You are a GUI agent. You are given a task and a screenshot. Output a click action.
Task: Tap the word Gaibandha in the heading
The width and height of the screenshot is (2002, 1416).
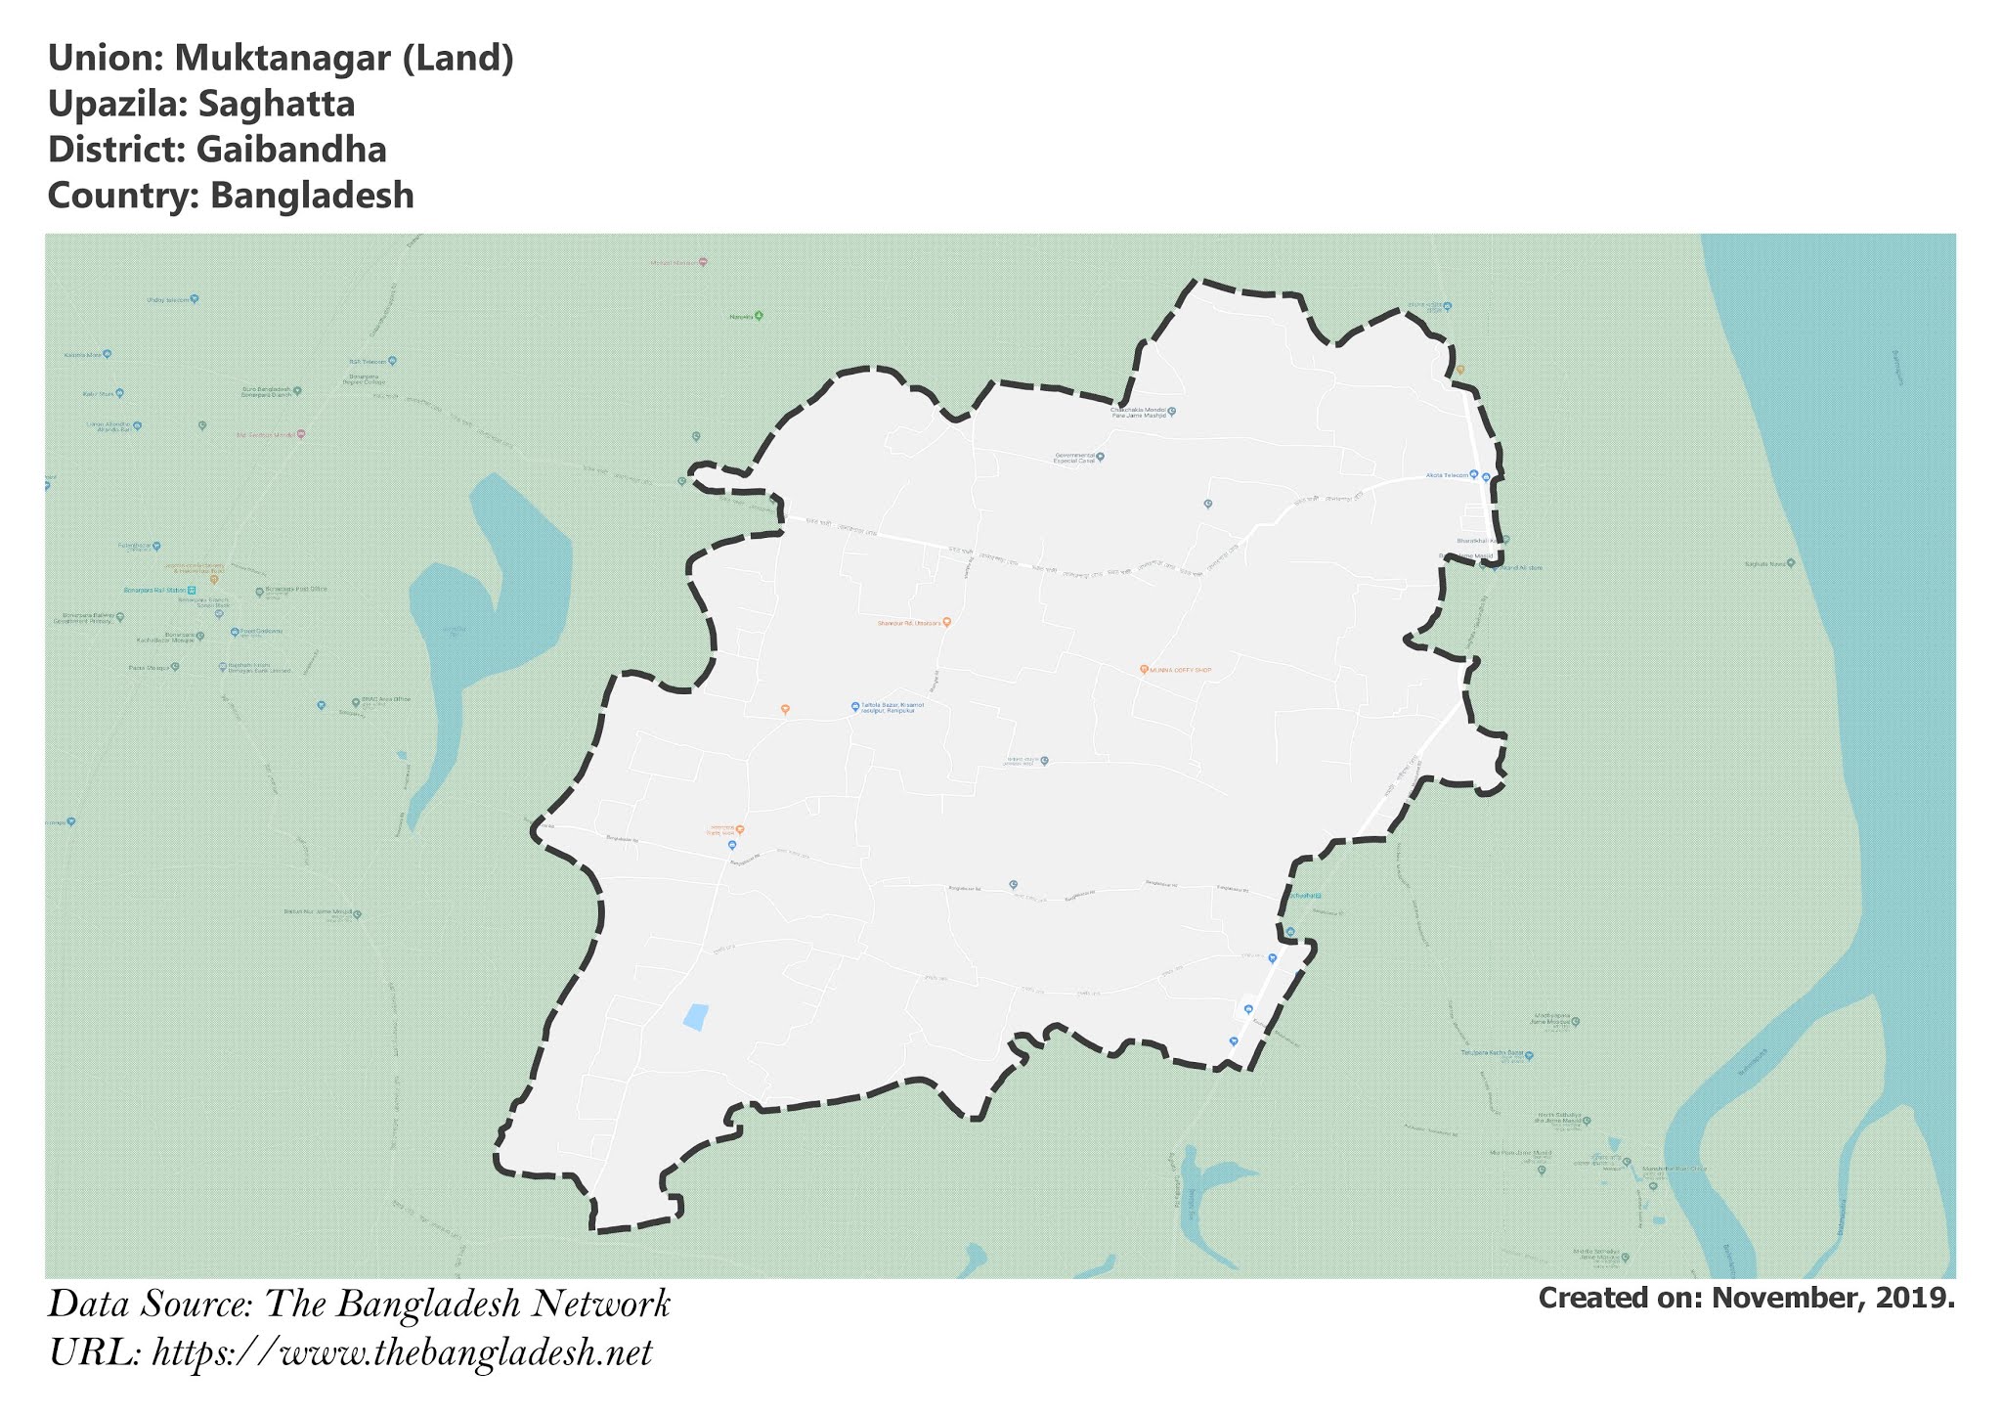pos(290,150)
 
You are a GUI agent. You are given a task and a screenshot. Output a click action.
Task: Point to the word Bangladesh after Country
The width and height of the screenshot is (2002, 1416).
pos(312,196)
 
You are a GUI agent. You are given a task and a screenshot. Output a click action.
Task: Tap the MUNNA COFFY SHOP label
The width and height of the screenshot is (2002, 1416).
pos(1180,670)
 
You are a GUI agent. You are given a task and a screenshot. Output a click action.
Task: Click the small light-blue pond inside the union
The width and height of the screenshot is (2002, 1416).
pos(694,1017)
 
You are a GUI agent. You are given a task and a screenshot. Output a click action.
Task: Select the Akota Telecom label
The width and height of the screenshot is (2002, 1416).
pos(1448,474)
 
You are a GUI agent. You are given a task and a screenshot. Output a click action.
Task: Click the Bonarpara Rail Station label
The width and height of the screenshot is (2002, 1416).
pos(154,591)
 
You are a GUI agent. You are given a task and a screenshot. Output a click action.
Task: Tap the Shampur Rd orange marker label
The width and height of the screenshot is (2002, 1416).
pos(909,622)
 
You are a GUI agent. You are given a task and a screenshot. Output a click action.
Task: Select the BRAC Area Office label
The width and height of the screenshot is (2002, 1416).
pos(387,700)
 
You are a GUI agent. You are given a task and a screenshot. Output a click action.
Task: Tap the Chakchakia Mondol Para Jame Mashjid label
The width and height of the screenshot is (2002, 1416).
pos(1140,413)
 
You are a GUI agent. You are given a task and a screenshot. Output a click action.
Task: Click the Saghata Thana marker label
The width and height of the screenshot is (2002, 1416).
pos(1763,563)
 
